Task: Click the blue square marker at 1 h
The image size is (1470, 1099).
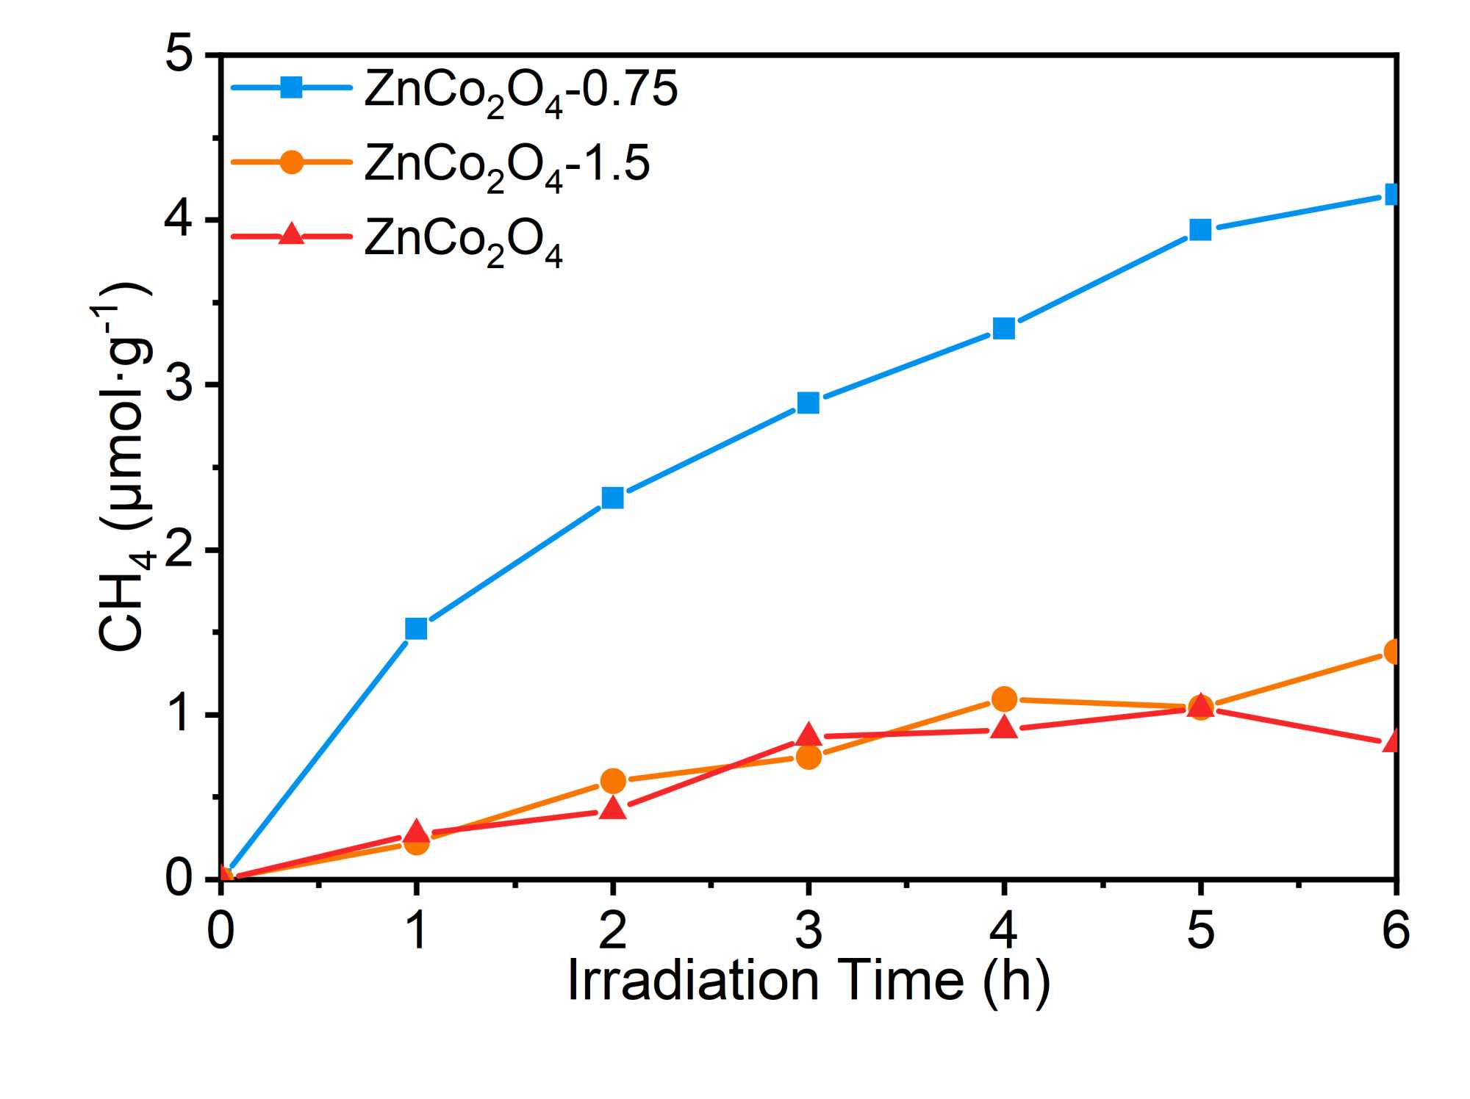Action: (x=416, y=628)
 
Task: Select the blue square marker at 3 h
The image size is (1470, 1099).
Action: (x=808, y=403)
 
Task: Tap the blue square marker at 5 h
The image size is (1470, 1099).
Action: (x=1200, y=230)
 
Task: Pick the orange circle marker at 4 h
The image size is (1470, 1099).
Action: (x=1004, y=699)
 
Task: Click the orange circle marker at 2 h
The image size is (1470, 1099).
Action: (x=612, y=781)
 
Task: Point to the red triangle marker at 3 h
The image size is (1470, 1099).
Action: (x=808, y=734)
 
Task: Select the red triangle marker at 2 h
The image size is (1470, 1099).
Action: (x=612, y=808)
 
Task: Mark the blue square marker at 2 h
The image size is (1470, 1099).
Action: (x=612, y=498)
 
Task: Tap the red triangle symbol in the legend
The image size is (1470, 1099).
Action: (x=292, y=235)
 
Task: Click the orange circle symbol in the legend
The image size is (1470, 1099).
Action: (x=292, y=162)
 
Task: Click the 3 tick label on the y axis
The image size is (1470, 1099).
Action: (x=179, y=383)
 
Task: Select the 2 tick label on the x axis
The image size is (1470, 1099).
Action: (x=612, y=929)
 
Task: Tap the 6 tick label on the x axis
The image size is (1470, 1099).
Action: (x=1395, y=929)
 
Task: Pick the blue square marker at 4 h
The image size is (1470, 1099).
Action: (x=1004, y=328)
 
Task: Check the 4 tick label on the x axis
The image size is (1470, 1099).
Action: (x=1004, y=929)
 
